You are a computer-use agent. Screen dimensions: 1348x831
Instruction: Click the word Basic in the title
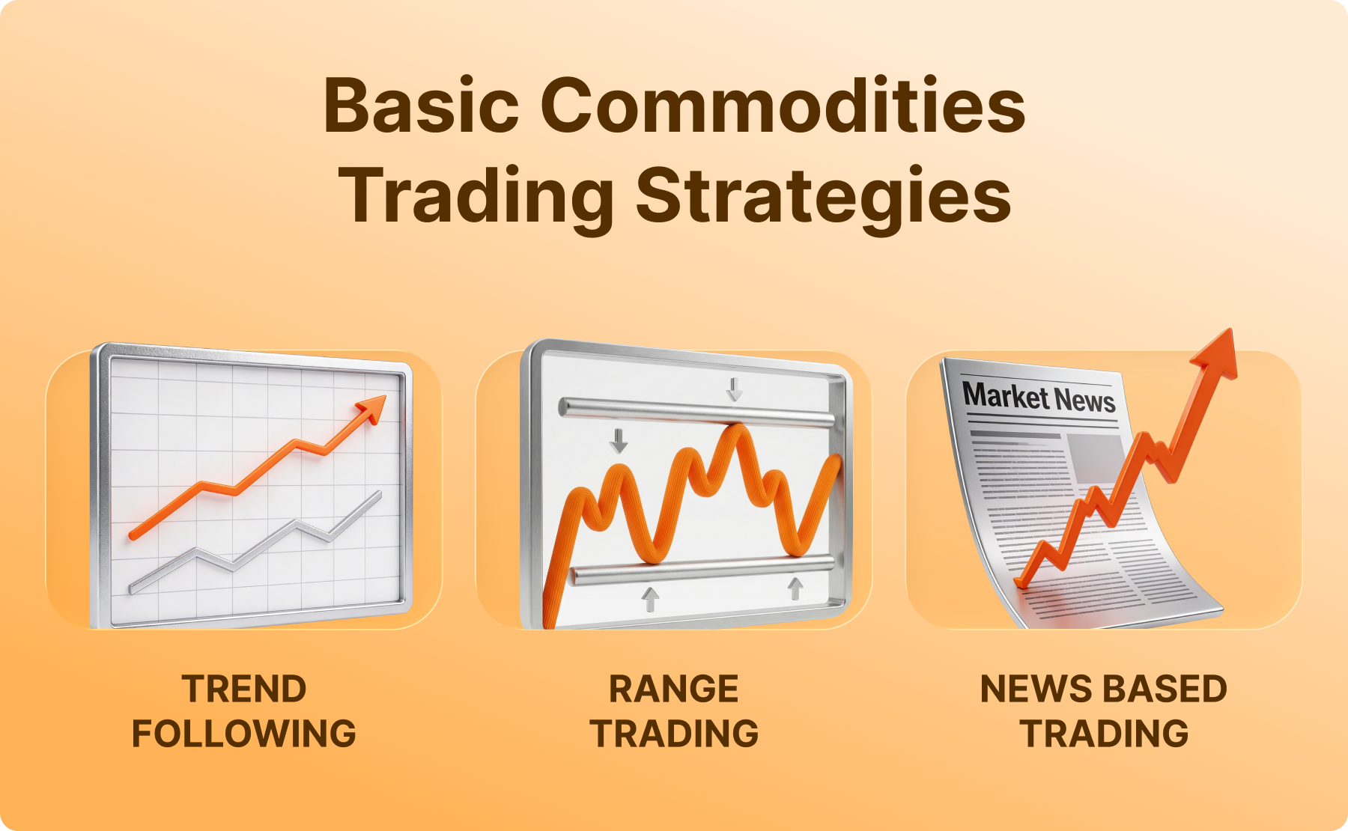(422, 105)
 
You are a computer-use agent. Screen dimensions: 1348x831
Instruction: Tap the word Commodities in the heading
(783, 105)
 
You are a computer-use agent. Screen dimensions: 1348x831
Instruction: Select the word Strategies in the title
(824, 196)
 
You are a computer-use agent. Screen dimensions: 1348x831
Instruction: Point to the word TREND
(244, 689)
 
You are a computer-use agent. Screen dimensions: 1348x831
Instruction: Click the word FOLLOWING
(244, 734)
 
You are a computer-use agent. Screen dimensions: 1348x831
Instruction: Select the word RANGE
(674, 689)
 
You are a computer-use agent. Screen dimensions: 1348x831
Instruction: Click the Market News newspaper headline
(1039, 397)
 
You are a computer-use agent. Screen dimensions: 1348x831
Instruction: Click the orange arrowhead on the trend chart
(371, 410)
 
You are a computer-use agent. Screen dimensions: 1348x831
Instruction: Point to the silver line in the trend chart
(255, 544)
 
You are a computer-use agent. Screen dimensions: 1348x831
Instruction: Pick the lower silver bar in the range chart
(702, 570)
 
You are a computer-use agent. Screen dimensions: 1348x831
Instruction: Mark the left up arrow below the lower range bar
(650, 599)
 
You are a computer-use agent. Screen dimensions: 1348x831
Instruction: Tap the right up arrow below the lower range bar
(795, 588)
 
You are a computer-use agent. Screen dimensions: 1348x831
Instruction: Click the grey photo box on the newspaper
(1096, 458)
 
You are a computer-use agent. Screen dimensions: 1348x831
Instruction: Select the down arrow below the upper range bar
(619, 441)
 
